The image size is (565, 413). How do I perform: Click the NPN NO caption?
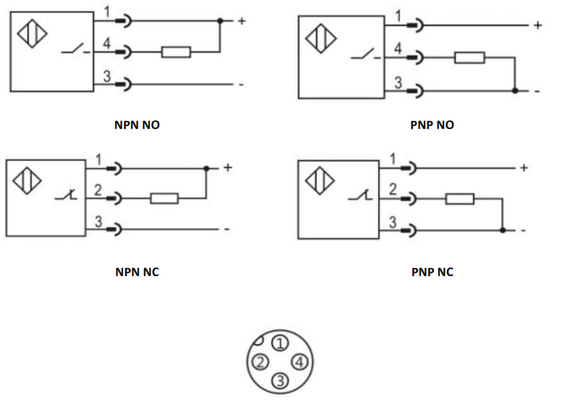137,125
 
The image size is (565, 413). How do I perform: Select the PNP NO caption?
432,125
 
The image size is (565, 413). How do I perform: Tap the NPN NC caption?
137,272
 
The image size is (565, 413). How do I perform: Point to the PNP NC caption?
432,272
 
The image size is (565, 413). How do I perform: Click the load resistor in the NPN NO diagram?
176,51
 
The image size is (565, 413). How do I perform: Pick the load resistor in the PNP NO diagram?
469,57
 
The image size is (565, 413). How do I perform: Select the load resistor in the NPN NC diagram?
164,198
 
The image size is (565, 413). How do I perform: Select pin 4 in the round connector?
300,362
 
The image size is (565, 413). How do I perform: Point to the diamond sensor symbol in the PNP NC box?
320,180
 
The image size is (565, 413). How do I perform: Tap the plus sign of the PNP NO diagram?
537,25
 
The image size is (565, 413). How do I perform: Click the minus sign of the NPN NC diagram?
227,230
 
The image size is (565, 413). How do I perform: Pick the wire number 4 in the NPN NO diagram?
106,44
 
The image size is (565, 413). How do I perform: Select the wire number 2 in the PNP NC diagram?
393,190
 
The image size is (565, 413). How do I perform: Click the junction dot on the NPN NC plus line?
206,168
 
